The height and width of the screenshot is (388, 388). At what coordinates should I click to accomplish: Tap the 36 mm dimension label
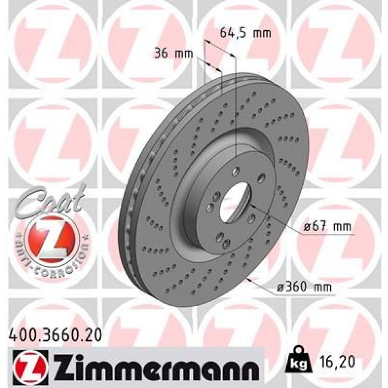click(x=173, y=54)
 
